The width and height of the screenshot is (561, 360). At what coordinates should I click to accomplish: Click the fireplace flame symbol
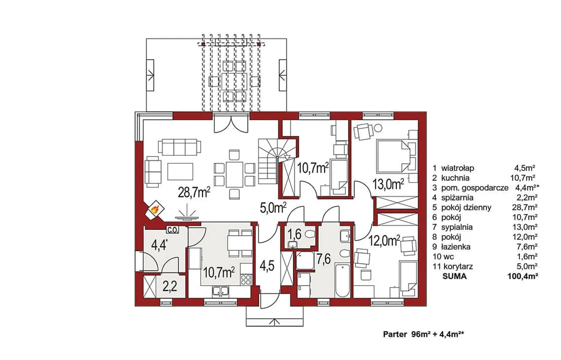click(x=155, y=209)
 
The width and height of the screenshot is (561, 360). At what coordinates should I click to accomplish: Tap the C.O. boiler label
click(x=172, y=230)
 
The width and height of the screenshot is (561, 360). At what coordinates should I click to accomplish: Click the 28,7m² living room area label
click(x=194, y=192)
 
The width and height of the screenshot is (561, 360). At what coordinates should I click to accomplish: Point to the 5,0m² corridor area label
click(x=273, y=208)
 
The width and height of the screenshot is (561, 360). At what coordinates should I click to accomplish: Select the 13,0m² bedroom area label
click(x=388, y=184)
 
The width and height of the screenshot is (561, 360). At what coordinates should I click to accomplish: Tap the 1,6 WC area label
click(x=294, y=234)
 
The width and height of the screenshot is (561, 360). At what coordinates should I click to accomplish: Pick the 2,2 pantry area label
click(x=170, y=286)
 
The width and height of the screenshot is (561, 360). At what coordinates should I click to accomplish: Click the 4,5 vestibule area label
click(x=267, y=266)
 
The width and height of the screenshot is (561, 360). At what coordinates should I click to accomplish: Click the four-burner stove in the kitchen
click(x=246, y=280)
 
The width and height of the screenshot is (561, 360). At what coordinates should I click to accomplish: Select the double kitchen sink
click(x=220, y=291)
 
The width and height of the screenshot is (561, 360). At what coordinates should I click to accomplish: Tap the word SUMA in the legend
click(x=454, y=276)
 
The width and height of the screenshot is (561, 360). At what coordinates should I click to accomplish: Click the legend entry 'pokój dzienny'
click(x=466, y=208)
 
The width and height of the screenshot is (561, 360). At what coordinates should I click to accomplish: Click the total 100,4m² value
click(x=523, y=276)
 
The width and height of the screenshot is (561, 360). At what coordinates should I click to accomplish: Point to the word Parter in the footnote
click(x=395, y=335)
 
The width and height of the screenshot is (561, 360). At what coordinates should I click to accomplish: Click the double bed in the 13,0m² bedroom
click(x=394, y=156)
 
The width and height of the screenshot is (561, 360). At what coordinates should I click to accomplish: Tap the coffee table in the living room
click(x=180, y=171)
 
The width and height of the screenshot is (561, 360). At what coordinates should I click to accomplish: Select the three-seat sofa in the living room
click(x=179, y=147)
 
